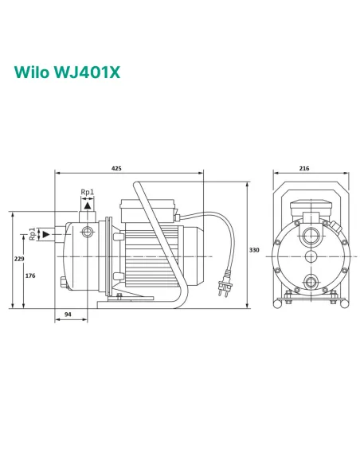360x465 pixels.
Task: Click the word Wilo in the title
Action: (31, 73)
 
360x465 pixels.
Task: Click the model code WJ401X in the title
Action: (91, 73)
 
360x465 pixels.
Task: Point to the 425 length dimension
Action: (117, 169)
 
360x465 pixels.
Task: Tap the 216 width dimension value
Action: (303, 169)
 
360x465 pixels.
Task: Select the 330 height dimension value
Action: (255, 250)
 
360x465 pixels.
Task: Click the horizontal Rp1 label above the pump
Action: (88, 192)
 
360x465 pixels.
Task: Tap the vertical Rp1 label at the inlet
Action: (32, 234)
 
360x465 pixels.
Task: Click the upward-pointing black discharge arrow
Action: (88, 205)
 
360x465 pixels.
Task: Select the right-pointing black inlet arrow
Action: (47, 234)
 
